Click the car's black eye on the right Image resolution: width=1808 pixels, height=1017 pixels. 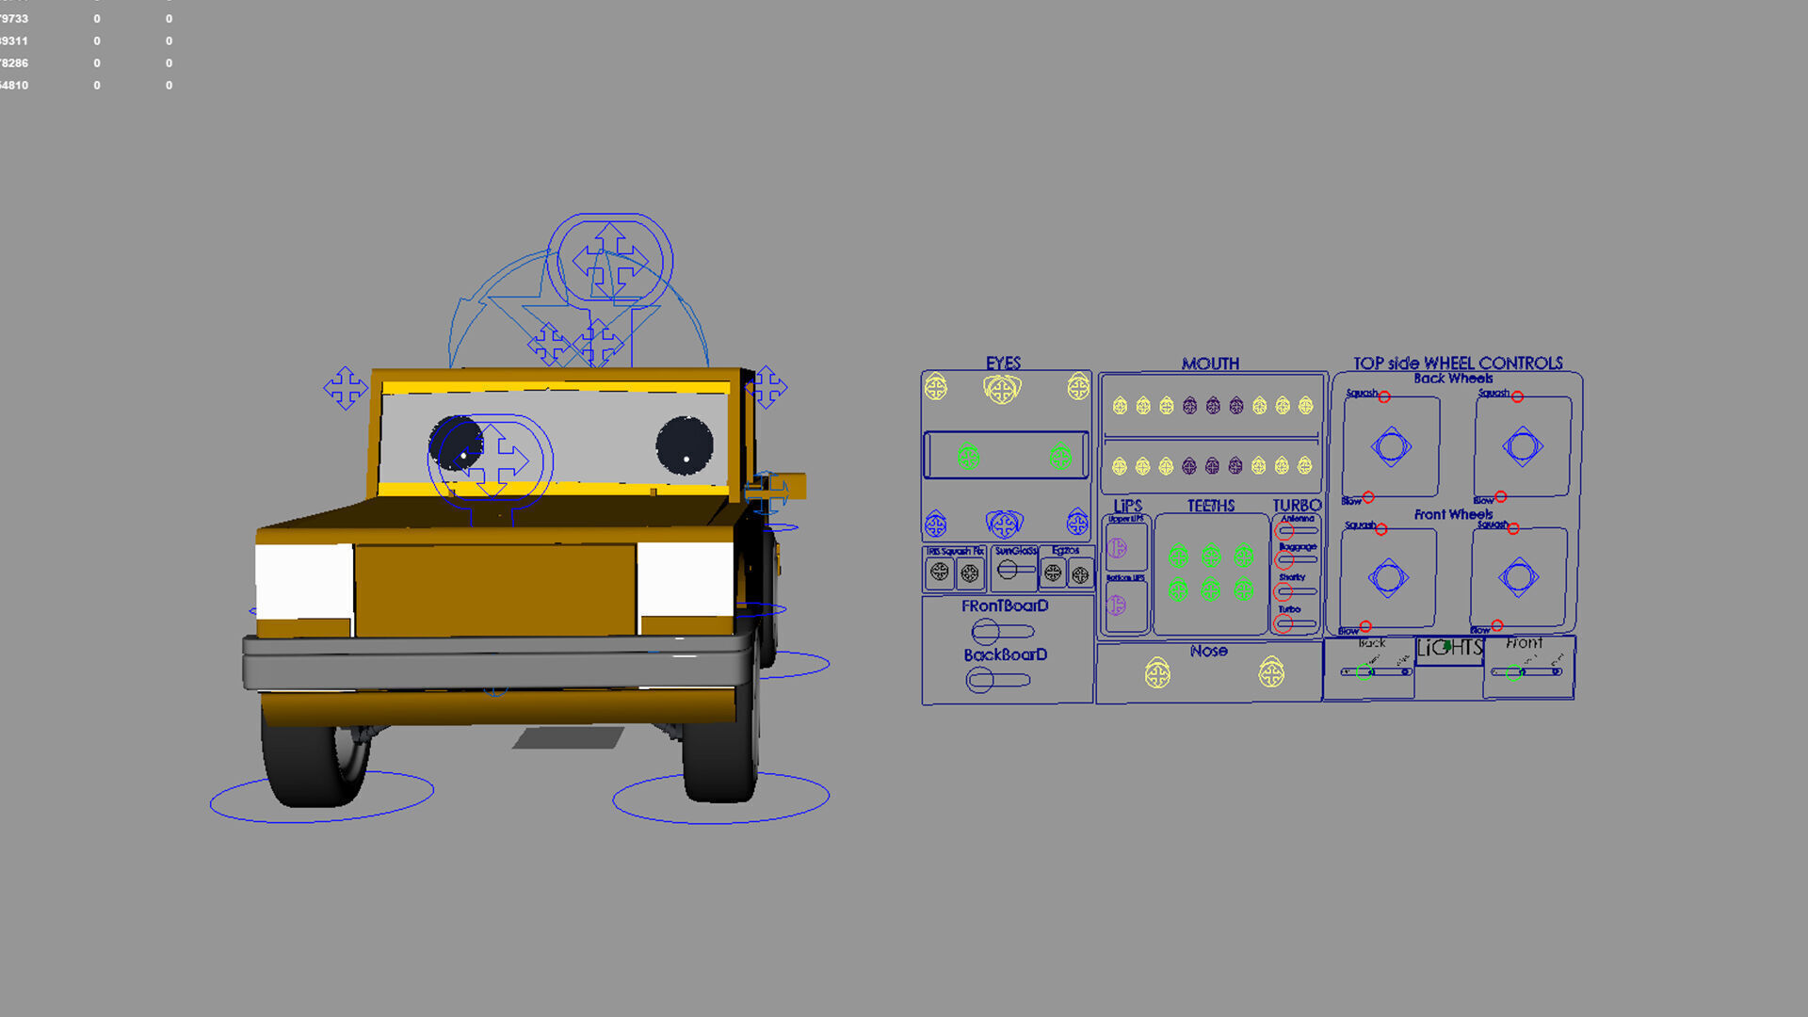685,445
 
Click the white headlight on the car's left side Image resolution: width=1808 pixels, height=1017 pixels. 303,580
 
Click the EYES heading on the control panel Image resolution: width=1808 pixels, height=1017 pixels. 1003,363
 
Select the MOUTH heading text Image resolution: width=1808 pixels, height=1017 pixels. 1210,363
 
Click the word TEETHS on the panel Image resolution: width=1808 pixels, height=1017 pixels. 1210,506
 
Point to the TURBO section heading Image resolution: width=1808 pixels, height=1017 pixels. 1297,506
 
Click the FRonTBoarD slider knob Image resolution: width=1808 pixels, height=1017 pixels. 985,631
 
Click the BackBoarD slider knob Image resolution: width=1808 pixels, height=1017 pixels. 980,680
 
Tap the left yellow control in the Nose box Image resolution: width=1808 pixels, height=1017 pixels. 1157,673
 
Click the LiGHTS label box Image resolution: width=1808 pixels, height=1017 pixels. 1449,649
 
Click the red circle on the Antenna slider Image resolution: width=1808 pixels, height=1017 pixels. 1284,531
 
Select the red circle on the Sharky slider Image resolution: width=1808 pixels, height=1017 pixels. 1283,592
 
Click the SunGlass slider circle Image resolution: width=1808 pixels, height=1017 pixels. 1008,570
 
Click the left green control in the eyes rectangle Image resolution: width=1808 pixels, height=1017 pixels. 968,457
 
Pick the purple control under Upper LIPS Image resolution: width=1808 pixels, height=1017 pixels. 1118,548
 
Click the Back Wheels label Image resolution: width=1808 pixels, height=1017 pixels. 1452,379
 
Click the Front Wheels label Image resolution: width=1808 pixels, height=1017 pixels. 1452,514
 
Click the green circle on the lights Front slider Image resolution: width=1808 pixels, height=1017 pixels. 1513,672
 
